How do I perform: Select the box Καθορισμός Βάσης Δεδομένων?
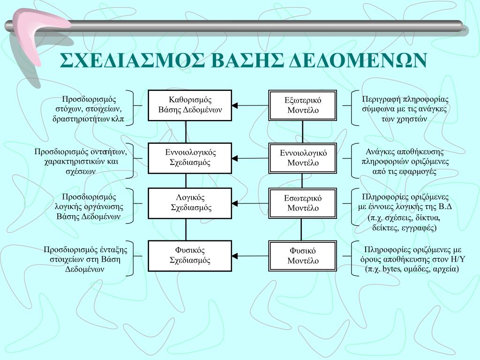pyautogui.click(x=189, y=105)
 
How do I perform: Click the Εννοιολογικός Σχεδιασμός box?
pyautogui.click(x=189, y=157)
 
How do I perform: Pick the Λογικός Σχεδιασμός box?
pyautogui.click(x=190, y=202)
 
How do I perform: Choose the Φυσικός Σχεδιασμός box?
pyautogui.click(x=189, y=255)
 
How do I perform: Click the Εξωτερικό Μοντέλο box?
pyautogui.click(x=303, y=105)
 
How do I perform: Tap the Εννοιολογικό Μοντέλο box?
pyautogui.click(x=303, y=158)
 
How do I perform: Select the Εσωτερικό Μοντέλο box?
pyautogui.click(x=303, y=203)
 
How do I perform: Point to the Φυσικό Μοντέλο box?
pyautogui.click(x=303, y=255)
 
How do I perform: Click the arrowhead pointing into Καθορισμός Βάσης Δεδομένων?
pyautogui.click(x=235, y=105)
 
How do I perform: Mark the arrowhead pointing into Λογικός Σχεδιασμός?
pyautogui.click(x=235, y=203)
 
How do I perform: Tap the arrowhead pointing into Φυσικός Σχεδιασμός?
pyautogui.click(x=235, y=256)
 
